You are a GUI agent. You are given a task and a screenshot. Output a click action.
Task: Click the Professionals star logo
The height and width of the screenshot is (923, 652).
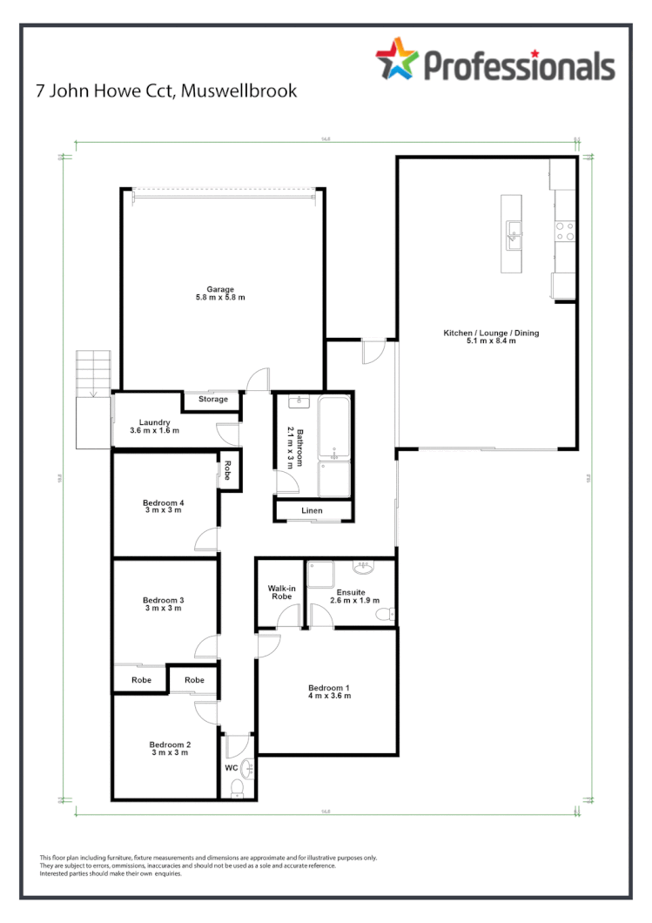pos(397,60)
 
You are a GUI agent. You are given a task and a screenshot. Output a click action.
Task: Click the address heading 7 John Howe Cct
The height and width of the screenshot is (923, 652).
pos(165,91)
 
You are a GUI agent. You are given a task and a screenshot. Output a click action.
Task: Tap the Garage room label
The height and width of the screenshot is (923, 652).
pos(220,293)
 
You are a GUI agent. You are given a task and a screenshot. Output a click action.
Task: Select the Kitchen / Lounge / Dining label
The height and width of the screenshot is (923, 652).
pos(485,336)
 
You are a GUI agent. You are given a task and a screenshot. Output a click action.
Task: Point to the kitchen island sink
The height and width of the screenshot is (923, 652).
pos(514,231)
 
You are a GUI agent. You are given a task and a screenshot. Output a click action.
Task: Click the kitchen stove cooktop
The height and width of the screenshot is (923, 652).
pos(564,231)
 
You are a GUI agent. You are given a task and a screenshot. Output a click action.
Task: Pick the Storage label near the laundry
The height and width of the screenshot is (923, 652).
pos(212,400)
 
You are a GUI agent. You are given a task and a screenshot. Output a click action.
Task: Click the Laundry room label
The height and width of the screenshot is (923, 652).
pos(154,426)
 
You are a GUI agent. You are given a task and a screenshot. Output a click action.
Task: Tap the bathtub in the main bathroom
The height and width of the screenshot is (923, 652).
pos(334,428)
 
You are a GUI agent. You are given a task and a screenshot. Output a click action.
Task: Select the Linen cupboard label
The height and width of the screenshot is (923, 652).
pos(313,510)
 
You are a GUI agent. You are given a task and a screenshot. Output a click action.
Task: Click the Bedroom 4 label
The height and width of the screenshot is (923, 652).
pos(163,507)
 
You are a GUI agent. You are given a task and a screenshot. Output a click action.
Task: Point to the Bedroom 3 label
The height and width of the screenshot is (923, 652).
pos(163,603)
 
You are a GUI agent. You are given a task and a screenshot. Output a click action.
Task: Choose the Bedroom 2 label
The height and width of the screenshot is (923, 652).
pos(169,749)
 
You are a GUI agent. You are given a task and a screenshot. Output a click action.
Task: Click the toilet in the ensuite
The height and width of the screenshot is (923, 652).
pos(384,615)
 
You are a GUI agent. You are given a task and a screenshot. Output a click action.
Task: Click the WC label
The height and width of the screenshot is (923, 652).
pos(231,769)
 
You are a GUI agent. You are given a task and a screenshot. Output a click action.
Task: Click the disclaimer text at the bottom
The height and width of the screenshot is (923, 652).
pos(209,866)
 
